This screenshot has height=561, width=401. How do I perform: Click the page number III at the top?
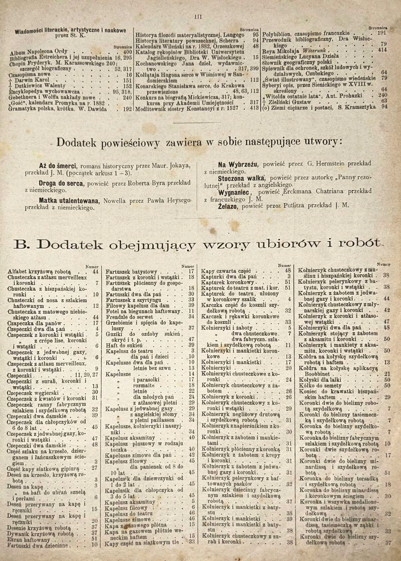[198, 17]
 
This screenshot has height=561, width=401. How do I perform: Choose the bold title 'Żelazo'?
[229, 206]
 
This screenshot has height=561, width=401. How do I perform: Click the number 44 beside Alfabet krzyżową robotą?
[95, 271]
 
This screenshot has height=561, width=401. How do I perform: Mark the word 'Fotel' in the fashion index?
[112, 311]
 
